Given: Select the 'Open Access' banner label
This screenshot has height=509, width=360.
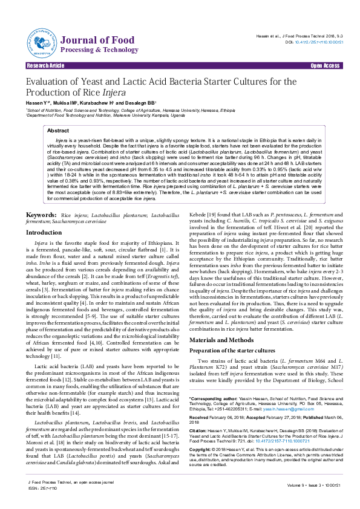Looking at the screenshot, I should coord(325,65).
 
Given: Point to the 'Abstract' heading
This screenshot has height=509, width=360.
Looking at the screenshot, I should coord(58,131).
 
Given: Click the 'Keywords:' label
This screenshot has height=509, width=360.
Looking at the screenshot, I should coord(42,215).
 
